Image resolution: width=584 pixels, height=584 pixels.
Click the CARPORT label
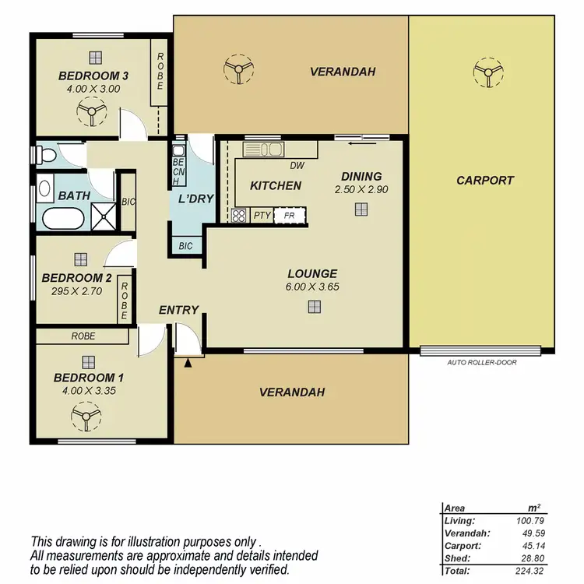(x=485, y=180)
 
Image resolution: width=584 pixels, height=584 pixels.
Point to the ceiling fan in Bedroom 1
(x=88, y=419)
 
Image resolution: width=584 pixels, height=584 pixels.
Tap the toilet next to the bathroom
(x=47, y=155)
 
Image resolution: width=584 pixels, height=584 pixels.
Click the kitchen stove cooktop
(x=239, y=216)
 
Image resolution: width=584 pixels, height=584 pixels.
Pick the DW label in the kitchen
(x=296, y=166)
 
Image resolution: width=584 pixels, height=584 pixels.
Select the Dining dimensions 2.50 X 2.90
(x=361, y=189)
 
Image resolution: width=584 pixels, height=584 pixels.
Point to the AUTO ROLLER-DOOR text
(x=483, y=362)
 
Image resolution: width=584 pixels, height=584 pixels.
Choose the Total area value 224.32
(x=533, y=570)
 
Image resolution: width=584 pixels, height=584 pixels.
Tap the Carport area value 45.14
(x=533, y=545)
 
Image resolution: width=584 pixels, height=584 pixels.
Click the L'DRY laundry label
(x=195, y=199)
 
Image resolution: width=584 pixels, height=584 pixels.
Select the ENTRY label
(x=178, y=310)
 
